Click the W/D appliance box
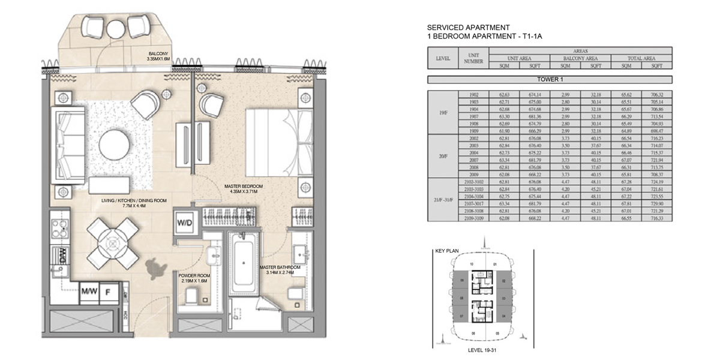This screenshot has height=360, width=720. pyautogui.click(x=184, y=223)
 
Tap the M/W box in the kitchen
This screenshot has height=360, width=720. pyautogui.click(x=89, y=292)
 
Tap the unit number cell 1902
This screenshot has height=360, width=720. pyautogui.click(x=471, y=95)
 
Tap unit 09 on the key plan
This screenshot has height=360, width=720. pyautogui.click(x=462, y=280)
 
